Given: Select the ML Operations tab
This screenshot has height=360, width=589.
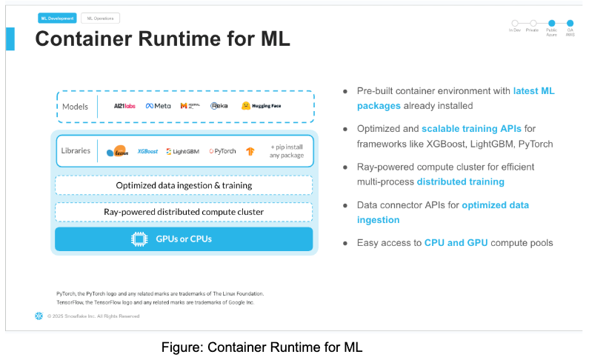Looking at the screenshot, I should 100,18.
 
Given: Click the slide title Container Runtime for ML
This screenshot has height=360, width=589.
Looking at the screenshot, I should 162,39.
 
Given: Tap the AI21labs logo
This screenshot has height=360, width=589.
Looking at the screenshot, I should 124,106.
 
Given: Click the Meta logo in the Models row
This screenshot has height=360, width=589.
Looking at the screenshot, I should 158,106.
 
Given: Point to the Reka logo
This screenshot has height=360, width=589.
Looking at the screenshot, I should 219,106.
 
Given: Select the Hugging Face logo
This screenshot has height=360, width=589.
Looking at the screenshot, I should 262,106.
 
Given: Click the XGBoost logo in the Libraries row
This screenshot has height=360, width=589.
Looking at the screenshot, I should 147,151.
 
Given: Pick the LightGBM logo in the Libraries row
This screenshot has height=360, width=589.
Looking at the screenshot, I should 182,151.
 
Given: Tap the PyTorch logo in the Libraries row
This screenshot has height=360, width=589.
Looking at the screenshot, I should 222,151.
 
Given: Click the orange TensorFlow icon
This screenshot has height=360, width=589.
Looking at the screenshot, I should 250,151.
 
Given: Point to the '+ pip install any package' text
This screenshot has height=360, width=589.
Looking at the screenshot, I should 286,151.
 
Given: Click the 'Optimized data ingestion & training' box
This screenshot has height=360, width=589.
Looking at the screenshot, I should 184,185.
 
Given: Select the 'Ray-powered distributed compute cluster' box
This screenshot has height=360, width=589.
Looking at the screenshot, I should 184,212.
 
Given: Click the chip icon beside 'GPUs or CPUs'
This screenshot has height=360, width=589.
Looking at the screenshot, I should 138,239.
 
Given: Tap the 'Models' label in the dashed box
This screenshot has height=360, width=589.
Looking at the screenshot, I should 76,106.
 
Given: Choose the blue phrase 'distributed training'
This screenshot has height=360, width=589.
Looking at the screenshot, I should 460,181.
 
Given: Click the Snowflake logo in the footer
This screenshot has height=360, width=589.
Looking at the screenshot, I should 39,316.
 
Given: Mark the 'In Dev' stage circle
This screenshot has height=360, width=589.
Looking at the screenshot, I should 514,23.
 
